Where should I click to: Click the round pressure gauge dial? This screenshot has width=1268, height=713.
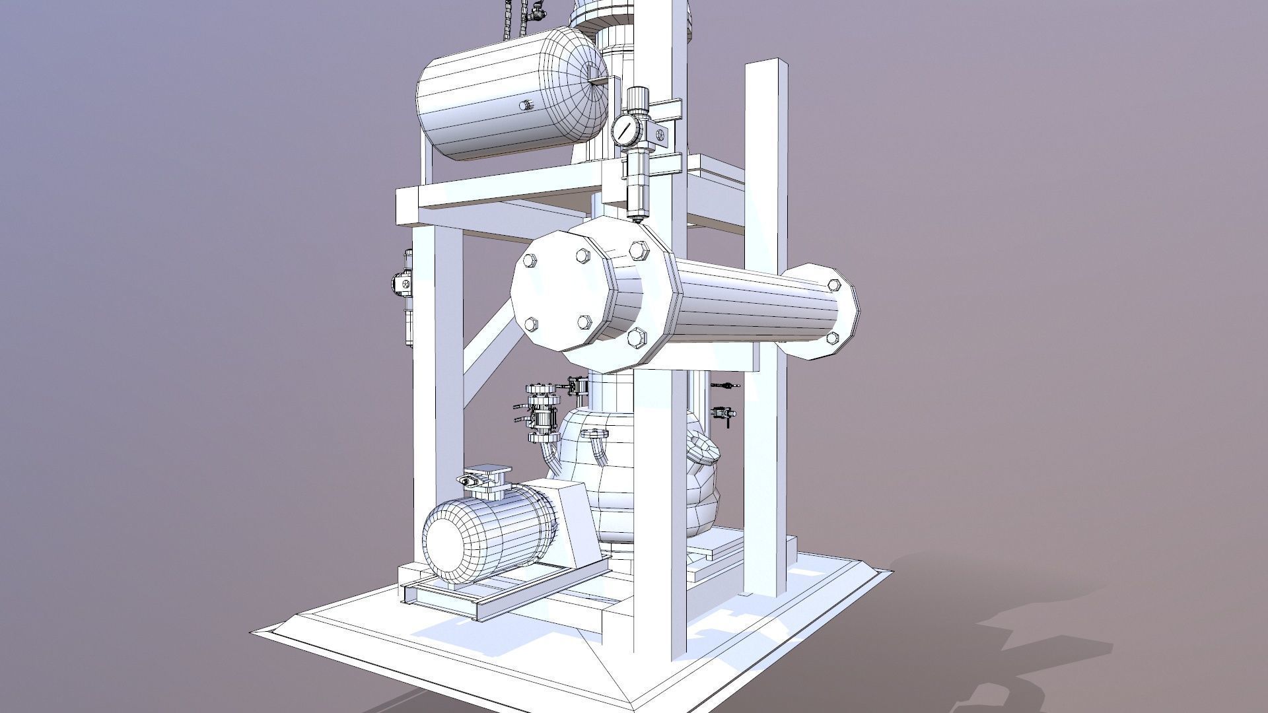(x=624, y=129)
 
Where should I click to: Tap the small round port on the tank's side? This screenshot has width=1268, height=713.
(x=526, y=105)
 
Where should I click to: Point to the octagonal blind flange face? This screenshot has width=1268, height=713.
(x=558, y=290)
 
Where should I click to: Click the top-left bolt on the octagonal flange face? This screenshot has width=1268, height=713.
(x=529, y=261)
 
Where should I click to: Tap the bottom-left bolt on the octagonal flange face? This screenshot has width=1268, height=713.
(x=532, y=323)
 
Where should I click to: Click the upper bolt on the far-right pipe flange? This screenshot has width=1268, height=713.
(x=833, y=285)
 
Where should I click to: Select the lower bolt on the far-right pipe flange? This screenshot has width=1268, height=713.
(x=833, y=338)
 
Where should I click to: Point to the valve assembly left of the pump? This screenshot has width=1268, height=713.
(x=540, y=409)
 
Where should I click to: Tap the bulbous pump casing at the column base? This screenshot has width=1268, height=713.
(x=634, y=475)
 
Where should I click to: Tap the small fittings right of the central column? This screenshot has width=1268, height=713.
(x=723, y=403)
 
